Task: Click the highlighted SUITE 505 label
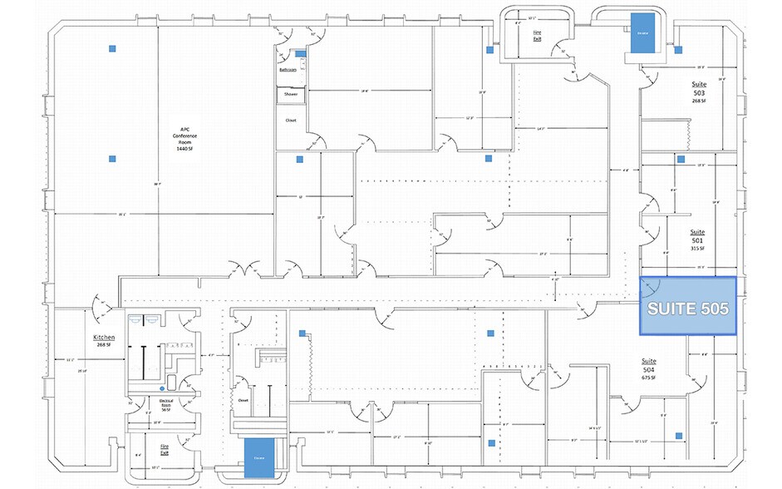687,308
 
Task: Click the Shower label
291,95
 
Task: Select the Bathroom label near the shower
288,70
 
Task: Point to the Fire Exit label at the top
539,34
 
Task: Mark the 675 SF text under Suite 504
649,378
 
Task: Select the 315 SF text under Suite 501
697,248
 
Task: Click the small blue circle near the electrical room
161,388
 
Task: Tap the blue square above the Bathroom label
301,53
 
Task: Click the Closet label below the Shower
291,120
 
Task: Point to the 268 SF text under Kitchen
103,345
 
